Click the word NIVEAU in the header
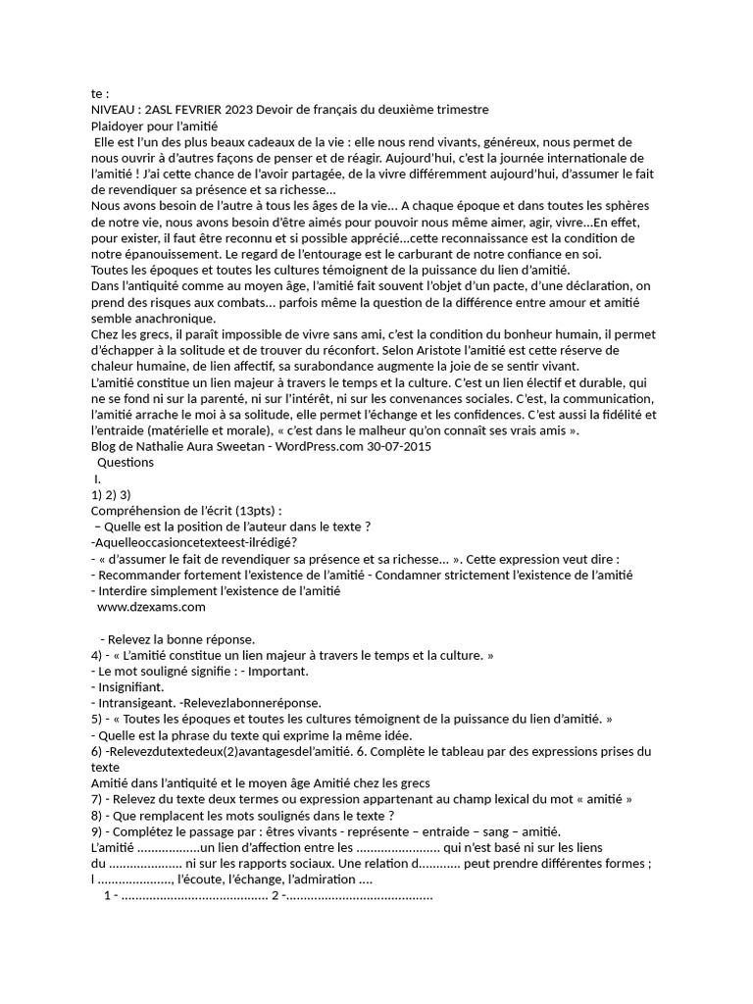click(x=116, y=110)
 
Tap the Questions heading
click(x=125, y=462)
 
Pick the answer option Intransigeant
click(x=136, y=703)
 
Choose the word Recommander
click(x=142, y=575)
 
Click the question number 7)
click(x=98, y=799)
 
